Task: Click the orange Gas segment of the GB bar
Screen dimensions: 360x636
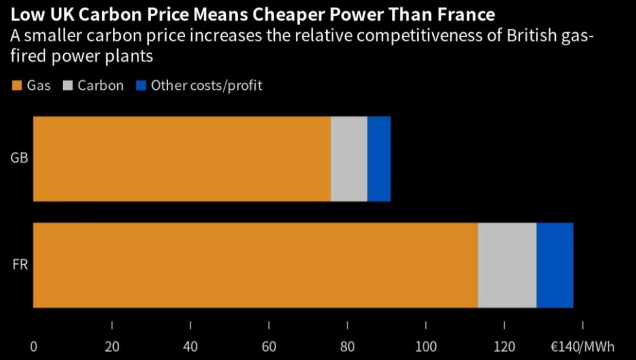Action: (x=182, y=159)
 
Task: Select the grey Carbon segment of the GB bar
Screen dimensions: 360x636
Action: (x=349, y=159)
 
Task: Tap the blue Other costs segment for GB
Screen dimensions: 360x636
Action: (x=379, y=159)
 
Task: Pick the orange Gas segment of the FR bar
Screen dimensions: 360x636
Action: (x=255, y=265)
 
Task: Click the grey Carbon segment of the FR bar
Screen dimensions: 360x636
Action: (x=507, y=265)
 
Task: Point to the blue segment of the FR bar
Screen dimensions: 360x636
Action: (x=554, y=265)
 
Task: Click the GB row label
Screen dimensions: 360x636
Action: (x=19, y=159)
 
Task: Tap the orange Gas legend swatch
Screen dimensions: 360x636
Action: (x=17, y=86)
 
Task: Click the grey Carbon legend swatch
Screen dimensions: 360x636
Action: (x=68, y=86)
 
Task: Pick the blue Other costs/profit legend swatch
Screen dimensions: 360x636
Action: (x=141, y=86)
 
